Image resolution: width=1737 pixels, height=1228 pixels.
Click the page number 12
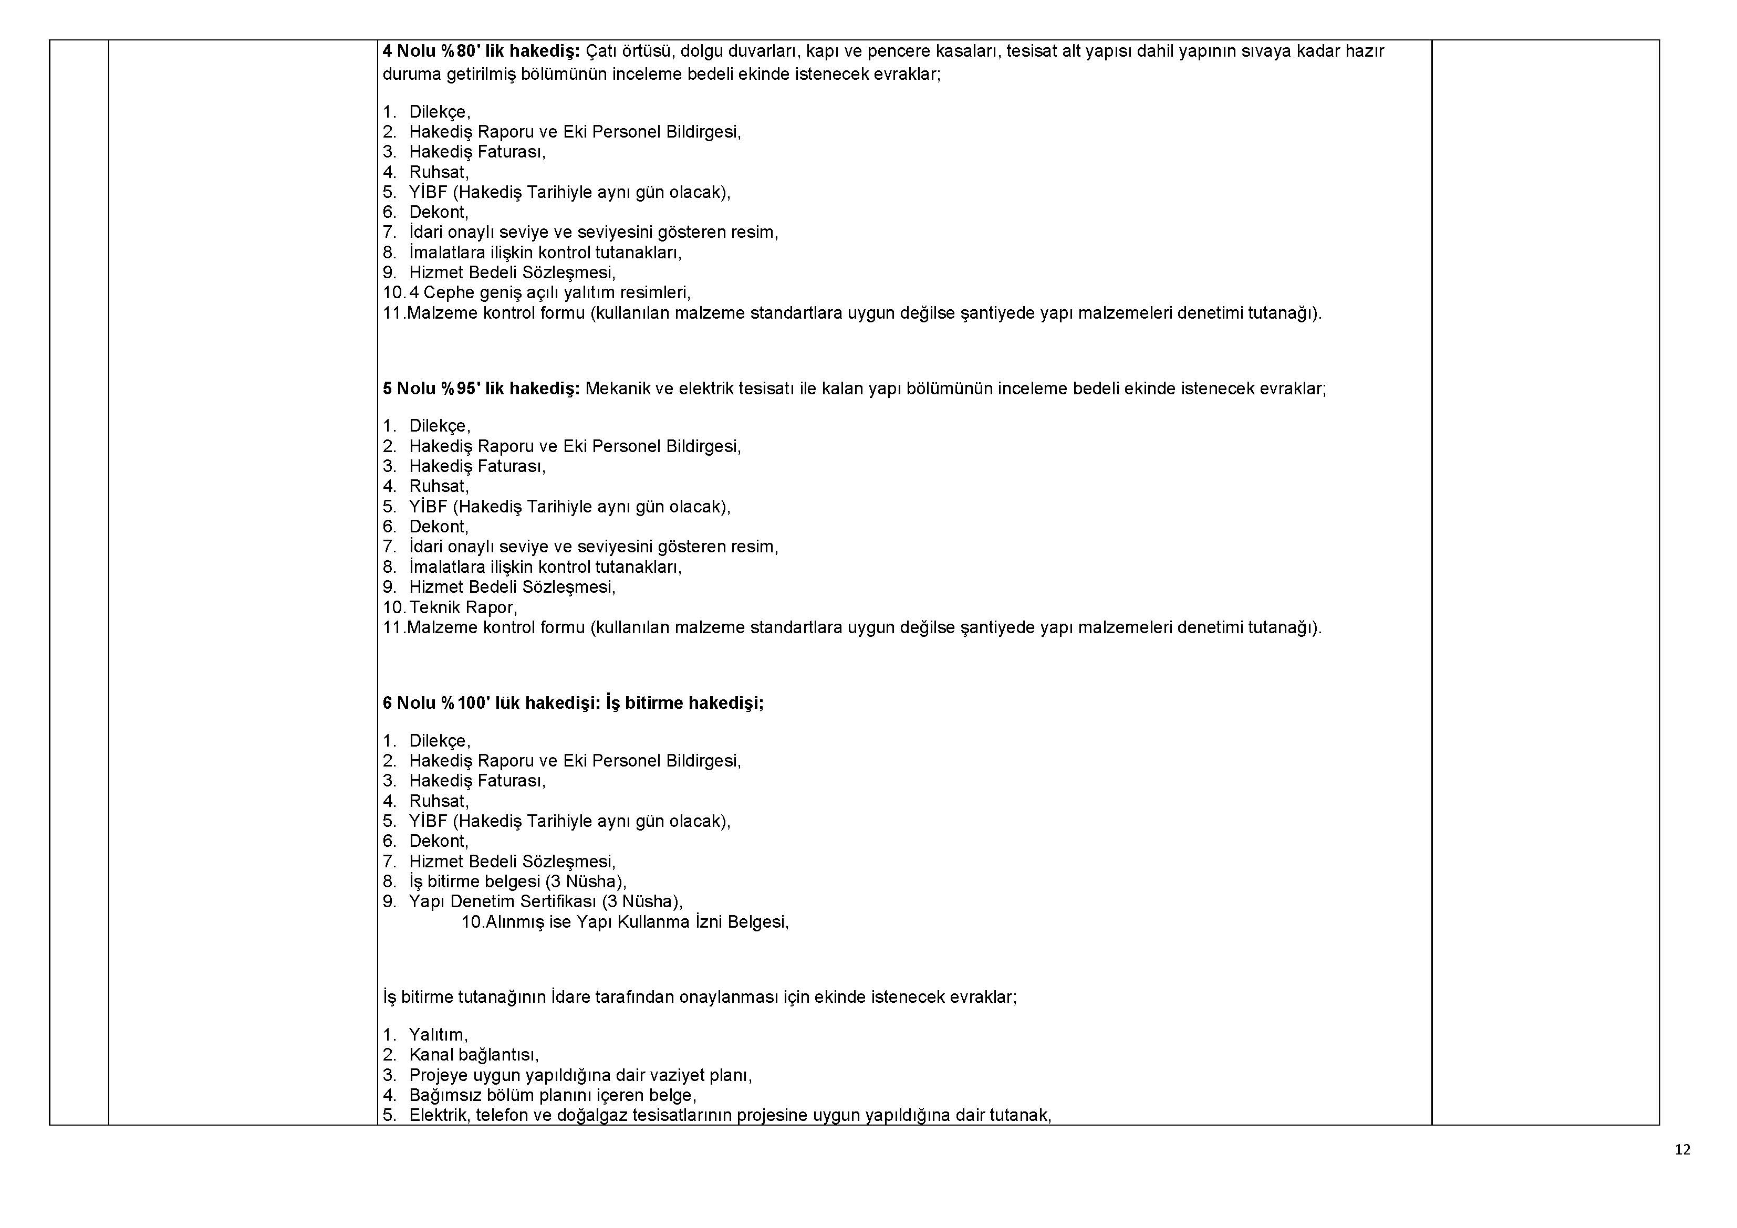(x=1682, y=1149)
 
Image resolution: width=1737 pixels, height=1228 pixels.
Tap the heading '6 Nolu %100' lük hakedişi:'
(x=491, y=703)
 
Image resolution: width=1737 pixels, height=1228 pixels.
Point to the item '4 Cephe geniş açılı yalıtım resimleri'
(x=549, y=292)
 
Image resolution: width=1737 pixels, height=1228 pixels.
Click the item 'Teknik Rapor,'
(x=463, y=607)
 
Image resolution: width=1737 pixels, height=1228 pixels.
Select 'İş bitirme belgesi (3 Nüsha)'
(x=517, y=881)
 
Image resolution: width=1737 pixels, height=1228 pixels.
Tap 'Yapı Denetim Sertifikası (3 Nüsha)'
(x=545, y=901)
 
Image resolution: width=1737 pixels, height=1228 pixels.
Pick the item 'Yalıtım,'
(x=438, y=1034)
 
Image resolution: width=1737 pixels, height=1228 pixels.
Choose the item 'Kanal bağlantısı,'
(x=474, y=1055)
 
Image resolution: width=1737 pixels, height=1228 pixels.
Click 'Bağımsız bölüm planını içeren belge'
(x=552, y=1095)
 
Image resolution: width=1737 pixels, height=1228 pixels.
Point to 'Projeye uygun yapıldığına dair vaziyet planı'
(x=580, y=1075)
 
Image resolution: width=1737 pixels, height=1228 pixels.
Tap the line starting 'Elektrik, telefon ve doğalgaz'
(x=730, y=1115)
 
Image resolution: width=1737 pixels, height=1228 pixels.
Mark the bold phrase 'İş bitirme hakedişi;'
(x=684, y=703)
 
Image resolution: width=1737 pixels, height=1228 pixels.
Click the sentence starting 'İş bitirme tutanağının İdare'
(x=700, y=996)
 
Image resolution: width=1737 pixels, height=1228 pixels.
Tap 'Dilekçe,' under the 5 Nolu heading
(x=440, y=426)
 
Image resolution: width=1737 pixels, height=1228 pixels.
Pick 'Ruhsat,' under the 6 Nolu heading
(x=439, y=801)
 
